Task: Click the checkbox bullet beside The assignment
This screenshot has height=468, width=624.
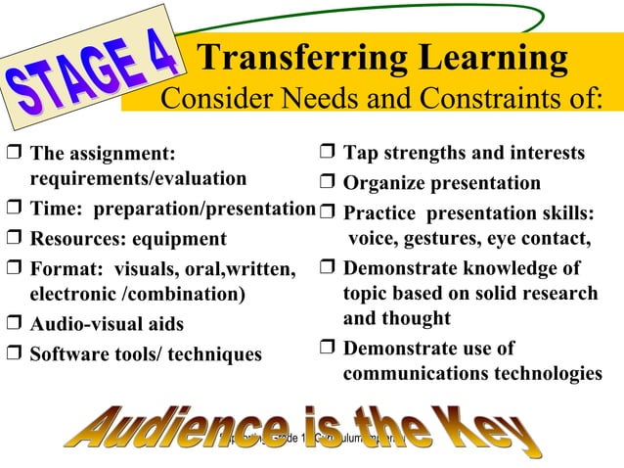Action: coord(14,155)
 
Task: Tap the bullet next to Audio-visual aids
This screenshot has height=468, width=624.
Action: coord(14,324)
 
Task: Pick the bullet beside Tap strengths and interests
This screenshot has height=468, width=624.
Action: coord(328,154)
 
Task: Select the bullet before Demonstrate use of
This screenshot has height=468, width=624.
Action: coord(328,350)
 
